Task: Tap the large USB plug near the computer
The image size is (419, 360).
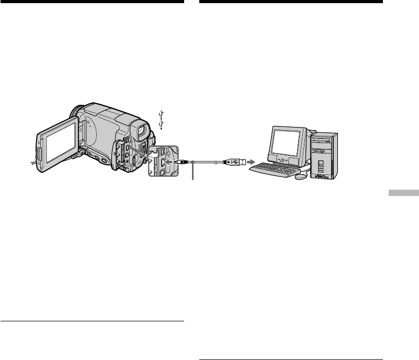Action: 233,162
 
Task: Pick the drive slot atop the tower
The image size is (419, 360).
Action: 324,141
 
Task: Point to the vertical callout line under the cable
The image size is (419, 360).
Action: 194,172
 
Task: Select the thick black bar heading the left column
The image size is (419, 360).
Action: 92,2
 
